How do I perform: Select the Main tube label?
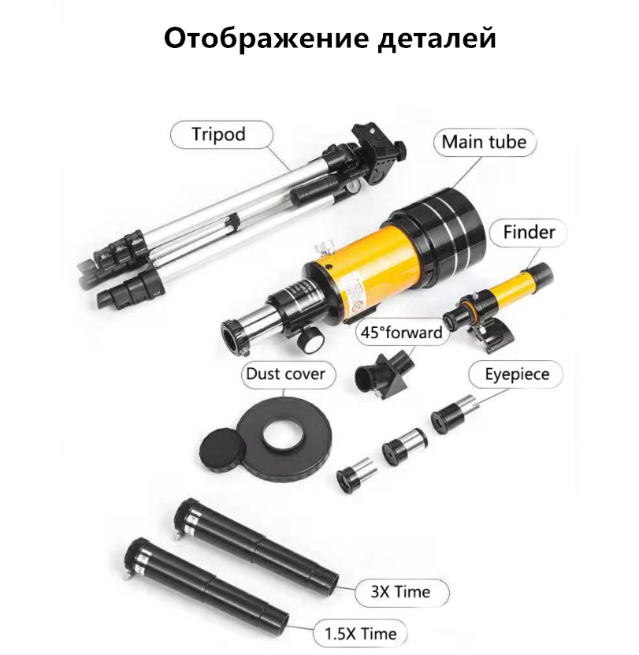484,142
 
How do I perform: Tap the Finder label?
529,233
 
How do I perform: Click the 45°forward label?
401,333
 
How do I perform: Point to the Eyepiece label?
517,374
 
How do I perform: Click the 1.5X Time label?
360,634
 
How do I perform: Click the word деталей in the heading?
437,39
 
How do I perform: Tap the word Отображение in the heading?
266,39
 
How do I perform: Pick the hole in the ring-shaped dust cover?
284,436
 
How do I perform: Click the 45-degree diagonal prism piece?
385,372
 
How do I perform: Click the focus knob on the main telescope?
309,339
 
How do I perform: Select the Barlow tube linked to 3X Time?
255,542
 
